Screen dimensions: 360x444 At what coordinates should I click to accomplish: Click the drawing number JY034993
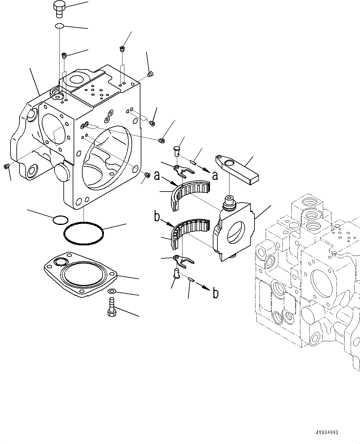(x=327, y=431)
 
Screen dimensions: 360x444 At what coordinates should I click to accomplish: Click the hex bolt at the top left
(x=59, y=10)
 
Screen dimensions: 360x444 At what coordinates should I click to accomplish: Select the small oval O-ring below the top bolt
(x=59, y=26)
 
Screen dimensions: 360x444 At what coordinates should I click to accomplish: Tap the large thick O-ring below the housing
(x=84, y=233)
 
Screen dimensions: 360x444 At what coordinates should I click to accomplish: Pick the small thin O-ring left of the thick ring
(x=60, y=220)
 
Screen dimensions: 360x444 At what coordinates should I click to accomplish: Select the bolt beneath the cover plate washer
(x=112, y=307)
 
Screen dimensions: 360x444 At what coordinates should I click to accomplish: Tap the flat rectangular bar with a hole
(x=237, y=170)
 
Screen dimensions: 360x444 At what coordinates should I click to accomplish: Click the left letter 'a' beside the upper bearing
(x=157, y=175)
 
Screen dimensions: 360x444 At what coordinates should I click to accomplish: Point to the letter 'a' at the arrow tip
(x=215, y=176)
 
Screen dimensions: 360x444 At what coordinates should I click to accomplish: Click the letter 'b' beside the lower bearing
(x=157, y=216)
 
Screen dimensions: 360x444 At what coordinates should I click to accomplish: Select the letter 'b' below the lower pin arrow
(x=216, y=293)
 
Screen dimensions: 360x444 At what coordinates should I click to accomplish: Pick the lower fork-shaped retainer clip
(x=184, y=261)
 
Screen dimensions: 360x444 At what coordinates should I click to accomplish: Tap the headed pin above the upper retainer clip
(x=177, y=151)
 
